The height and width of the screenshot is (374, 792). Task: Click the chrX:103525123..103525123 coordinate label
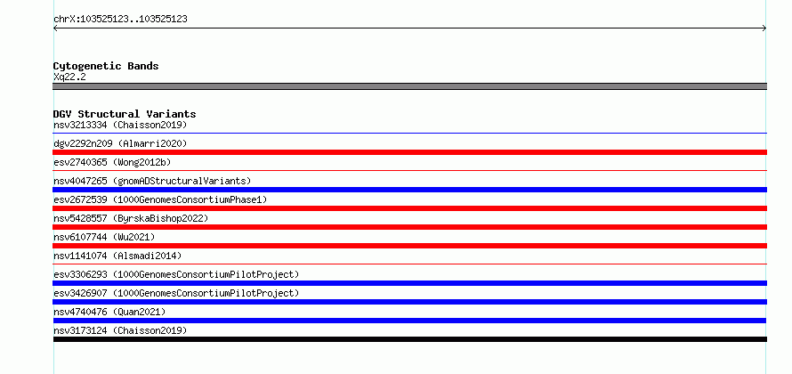(120, 20)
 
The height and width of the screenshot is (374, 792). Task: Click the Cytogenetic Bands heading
(106, 66)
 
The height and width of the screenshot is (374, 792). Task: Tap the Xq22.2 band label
(69, 77)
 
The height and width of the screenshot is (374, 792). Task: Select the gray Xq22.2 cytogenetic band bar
(409, 86)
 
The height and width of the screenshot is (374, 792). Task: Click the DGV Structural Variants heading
(125, 114)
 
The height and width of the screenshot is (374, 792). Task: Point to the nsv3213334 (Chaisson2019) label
(120, 125)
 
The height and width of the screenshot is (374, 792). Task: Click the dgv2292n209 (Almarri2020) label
(120, 143)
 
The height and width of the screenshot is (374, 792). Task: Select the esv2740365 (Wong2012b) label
(112, 162)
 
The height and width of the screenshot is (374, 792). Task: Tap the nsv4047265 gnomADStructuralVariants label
(152, 181)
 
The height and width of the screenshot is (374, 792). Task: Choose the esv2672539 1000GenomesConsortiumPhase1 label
(160, 199)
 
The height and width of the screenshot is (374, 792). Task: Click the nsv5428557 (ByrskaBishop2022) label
(131, 218)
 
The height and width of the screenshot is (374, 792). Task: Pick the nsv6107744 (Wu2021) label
(104, 237)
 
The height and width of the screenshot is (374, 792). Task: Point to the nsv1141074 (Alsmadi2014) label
(117, 256)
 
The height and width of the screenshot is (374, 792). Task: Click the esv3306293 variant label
(176, 274)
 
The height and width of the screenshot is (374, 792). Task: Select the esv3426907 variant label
(176, 293)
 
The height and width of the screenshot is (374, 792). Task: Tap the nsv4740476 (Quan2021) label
(109, 312)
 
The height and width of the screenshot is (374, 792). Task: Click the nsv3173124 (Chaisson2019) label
(120, 330)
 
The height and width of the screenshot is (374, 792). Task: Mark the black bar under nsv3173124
(409, 339)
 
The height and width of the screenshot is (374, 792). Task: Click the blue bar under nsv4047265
(409, 190)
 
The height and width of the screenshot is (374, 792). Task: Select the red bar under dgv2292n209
(409, 152)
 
